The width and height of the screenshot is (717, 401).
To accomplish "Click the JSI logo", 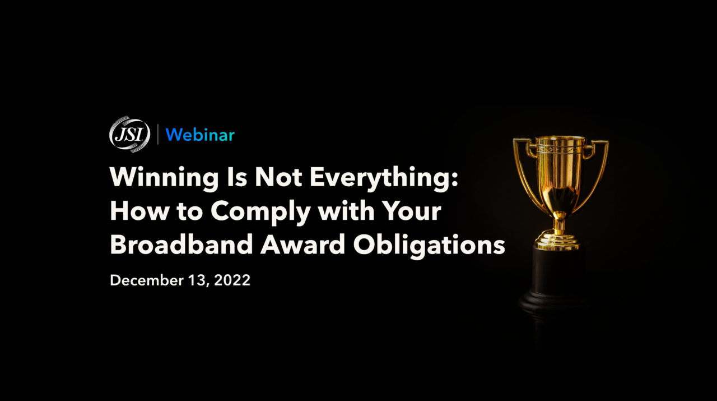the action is (x=129, y=134).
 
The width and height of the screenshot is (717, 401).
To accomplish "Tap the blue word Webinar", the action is (x=200, y=135).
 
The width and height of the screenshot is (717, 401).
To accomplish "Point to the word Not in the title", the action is (x=278, y=177).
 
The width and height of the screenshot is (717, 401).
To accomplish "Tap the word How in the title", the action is (x=139, y=211).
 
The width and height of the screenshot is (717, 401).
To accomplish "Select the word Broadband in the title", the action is (x=181, y=244).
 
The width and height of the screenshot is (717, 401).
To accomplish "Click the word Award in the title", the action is (x=303, y=244).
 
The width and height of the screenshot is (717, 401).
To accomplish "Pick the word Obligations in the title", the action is (x=429, y=245).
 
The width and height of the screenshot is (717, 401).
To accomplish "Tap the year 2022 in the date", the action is (x=232, y=280).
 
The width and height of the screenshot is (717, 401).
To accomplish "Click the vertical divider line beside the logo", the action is (x=158, y=134).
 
